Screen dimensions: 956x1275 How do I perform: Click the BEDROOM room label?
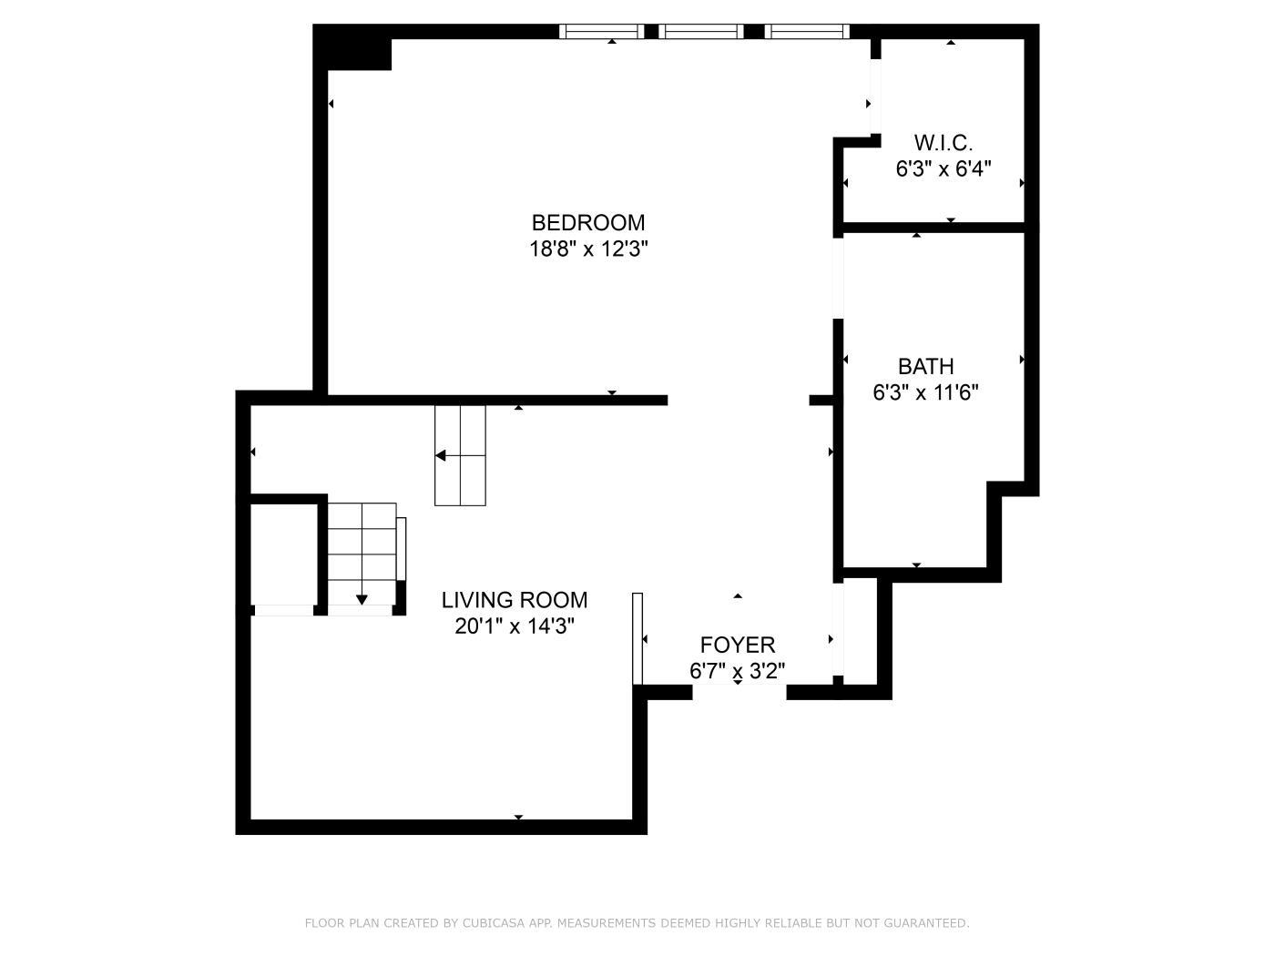coord(588,223)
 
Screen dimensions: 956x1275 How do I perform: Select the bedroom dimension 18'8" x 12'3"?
coord(588,249)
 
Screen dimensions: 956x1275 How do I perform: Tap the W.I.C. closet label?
coord(943,143)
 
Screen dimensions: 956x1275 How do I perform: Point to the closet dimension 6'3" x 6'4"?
coord(943,169)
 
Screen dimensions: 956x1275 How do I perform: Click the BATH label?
coord(925,367)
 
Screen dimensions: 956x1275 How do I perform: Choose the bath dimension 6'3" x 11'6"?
coord(925,393)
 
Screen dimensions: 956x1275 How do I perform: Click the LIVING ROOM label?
coord(515,600)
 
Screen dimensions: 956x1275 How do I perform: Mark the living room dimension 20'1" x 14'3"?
coord(515,626)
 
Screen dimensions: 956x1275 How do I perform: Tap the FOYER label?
coord(738,646)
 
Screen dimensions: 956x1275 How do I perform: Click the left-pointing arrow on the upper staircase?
coord(441,455)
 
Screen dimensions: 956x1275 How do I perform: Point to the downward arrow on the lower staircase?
coord(362,598)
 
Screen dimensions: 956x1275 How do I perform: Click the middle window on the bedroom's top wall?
coord(701,32)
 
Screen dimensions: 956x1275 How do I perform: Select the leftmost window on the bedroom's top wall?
coord(601,32)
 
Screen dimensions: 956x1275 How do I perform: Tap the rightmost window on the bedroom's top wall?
coord(807,32)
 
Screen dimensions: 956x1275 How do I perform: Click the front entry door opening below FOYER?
coord(739,692)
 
